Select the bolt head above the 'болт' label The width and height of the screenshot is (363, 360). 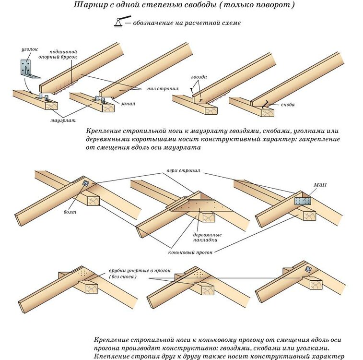(x=85, y=183)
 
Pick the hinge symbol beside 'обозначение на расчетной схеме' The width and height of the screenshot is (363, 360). (x=122, y=22)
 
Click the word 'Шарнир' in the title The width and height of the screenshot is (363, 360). (x=89, y=5)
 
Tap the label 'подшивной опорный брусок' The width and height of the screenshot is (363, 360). (x=64, y=54)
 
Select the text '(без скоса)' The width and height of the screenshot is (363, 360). (x=123, y=277)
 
